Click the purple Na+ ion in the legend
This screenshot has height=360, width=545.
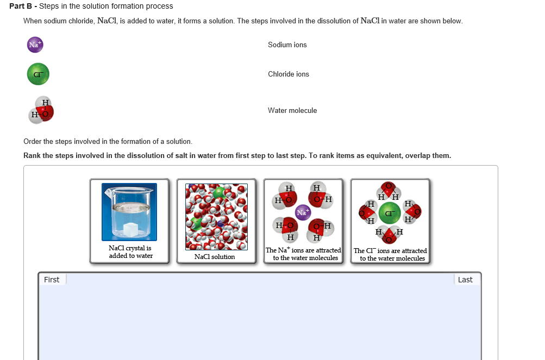[35, 45]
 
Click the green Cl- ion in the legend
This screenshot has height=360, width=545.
[38, 74]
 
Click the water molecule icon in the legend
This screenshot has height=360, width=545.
[42, 110]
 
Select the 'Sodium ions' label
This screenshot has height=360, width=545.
[287, 45]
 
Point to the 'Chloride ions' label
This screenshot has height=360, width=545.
[288, 74]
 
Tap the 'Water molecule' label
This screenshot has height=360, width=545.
[292, 111]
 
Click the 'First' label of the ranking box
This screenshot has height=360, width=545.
[52, 280]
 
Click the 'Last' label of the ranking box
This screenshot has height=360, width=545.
[465, 280]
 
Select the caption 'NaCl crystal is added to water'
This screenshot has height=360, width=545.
[130, 252]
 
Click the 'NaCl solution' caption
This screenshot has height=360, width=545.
[215, 257]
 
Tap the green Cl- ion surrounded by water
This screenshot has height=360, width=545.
[389, 212]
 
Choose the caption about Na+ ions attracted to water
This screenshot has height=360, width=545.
[303, 254]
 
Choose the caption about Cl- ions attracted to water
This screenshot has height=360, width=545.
[390, 255]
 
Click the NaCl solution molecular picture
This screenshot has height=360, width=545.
[216, 216]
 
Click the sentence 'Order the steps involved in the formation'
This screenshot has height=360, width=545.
[108, 142]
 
